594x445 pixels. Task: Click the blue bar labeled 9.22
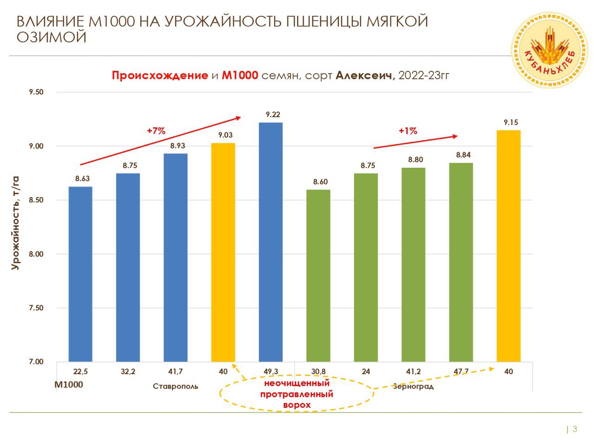(271, 242)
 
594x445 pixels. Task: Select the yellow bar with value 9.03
(223, 252)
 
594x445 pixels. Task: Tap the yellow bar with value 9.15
(509, 246)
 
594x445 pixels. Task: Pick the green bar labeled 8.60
(318, 275)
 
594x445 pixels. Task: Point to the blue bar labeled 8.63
(80, 274)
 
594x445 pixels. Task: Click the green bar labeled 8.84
(461, 262)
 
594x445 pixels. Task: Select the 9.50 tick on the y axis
(36, 92)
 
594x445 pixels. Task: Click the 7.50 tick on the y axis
(36, 308)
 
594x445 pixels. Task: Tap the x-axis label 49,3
(271, 372)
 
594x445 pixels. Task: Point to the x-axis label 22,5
(81, 372)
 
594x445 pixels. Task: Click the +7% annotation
(156, 131)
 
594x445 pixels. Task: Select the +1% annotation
(408, 131)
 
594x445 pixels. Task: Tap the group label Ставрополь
(175, 387)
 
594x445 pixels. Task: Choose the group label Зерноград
(413, 387)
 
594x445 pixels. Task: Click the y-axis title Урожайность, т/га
(16, 222)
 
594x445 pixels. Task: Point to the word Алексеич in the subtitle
(365, 76)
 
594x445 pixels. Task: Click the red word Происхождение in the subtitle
(160, 76)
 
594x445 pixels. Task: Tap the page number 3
(575, 429)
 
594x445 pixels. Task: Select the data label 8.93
(177, 146)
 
